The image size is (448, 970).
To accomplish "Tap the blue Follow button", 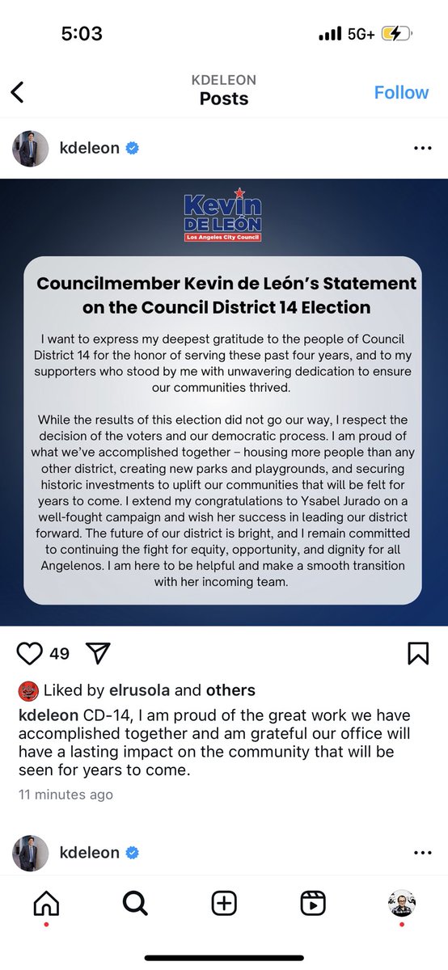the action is pos(401,92).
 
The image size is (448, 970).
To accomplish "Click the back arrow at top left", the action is pos(18,92).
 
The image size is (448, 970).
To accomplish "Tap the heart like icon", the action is pos(29,653).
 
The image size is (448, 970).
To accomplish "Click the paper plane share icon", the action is pos(97,653).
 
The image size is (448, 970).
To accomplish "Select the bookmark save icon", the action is pos(418,653).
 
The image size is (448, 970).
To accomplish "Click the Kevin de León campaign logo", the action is pos(222,215).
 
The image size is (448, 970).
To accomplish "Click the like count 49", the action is pos(59,653).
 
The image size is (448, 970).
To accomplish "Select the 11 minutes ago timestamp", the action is pos(66,795).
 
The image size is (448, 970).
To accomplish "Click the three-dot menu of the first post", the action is pos(422,149).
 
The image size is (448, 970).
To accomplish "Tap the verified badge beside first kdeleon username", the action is pos(133,148).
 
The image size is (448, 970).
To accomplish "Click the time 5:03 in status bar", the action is pos(82,34).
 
